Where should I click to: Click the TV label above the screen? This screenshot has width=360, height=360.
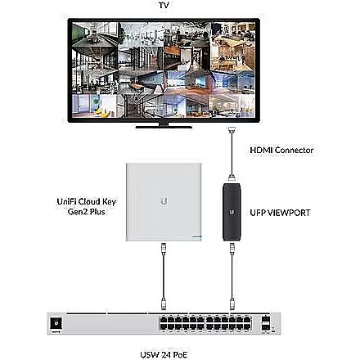click(x=164, y=5)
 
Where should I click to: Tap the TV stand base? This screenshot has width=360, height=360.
click(x=164, y=127)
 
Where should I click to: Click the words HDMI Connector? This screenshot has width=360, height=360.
click(x=281, y=150)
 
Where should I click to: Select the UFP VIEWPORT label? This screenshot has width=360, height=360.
click(x=280, y=213)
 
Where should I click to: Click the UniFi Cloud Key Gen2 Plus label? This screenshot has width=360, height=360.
click(x=87, y=206)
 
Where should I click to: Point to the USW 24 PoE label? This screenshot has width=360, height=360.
click(x=164, y=354)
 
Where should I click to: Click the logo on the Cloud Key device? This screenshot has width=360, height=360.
click(x=164, y=201)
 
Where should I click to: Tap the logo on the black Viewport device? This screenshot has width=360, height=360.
click(x=232, y=212)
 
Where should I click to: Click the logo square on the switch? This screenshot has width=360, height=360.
click(x=56, y=323)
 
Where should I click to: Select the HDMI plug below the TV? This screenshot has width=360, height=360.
click(x=232, y=130)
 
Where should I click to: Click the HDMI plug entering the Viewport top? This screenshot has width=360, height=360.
click(x=232, y=178)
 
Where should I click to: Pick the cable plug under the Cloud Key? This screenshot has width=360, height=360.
click(x=164, y=249)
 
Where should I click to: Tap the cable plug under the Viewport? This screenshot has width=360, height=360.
click(x=232, y=249)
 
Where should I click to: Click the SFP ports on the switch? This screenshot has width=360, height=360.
click(x=266, y=323)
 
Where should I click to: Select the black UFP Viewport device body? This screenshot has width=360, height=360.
click(x=232, y=212)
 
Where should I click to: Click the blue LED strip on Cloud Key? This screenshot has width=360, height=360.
click(x=196, y=237)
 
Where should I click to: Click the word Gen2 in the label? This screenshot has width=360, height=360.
click(x=78, y=212)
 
